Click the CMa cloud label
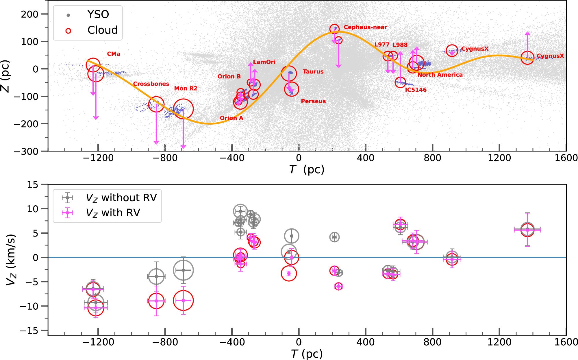click(x=114, y=54)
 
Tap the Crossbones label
click(x=151, y=84)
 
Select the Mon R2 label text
click(x=186, y=88)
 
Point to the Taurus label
click(x=313, y=72)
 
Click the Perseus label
click(x=313, y=101)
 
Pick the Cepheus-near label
click(x=365, y=27)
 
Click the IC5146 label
click(x=416, y=90)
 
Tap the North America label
click(x=440, y=75)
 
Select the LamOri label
click(x=264, y=62)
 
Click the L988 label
click(x=400, y=45)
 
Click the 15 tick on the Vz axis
click(x=32, y=184)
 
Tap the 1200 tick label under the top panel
click(x=499, y=158)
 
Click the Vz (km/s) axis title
click(x=11, y=260)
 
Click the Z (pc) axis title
click(x=5, y=76)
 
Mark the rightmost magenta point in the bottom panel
click(x=527, y=230)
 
